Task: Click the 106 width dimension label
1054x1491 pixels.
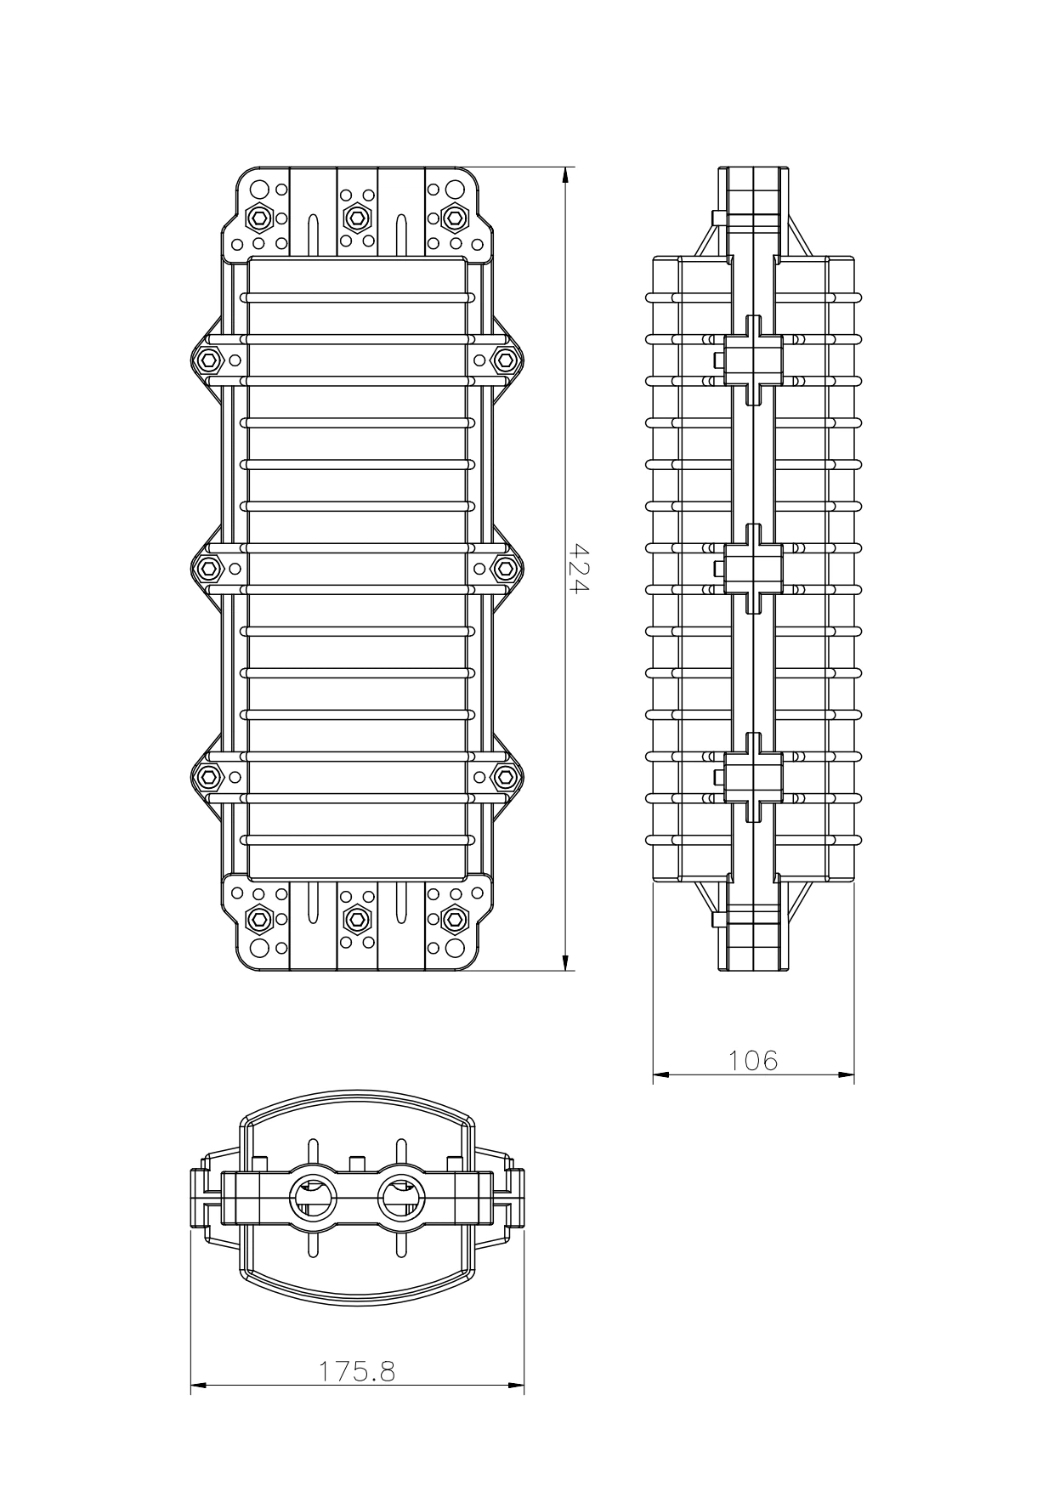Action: click(753, 1060)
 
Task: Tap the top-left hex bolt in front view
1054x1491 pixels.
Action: click(258, 218)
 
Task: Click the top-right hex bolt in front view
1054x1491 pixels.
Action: click(456, 218)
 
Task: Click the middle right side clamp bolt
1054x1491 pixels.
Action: click(506, 567)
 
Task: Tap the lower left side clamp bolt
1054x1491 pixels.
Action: click(207, 776)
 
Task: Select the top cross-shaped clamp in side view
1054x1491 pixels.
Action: click(752, 360)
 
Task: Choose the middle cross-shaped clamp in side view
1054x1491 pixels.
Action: click(752, 568)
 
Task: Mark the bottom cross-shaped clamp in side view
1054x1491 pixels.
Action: click(752, 777)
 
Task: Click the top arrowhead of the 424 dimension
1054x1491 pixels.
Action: click(565, 175)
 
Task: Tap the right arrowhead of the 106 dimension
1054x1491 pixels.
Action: click(847, 1074)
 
